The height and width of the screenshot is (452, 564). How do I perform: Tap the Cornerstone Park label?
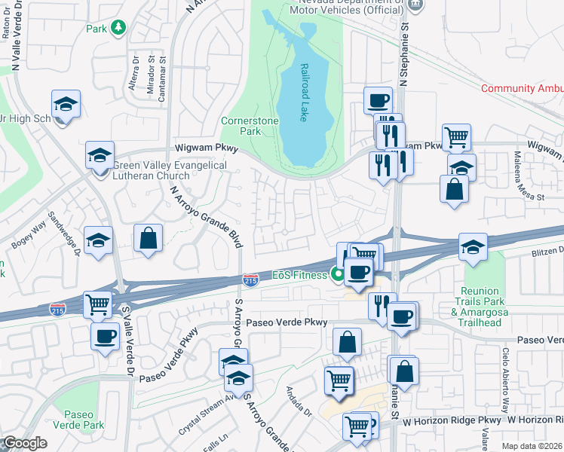250,126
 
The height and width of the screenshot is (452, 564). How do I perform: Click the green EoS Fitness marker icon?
337,275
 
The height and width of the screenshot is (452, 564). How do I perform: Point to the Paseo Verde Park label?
79,420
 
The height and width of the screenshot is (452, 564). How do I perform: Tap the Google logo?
24,443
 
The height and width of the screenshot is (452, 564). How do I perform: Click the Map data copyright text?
532,446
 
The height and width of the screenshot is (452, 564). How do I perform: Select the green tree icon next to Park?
118,29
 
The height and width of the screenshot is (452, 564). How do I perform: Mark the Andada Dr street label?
299,401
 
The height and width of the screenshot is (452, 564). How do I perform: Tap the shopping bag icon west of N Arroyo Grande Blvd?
148,238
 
